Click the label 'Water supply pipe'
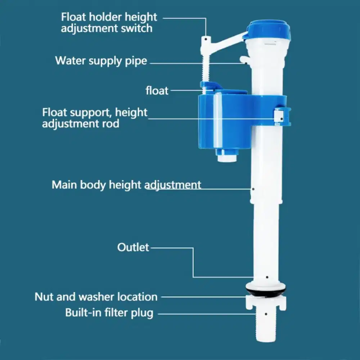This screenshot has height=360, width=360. tap(101, 61)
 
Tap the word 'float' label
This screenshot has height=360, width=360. tap(157, 90)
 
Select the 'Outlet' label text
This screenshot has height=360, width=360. tap(133, 247)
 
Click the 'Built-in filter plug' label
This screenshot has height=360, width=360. tap(109, 313)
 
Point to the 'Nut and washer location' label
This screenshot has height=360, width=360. tap(96, 297)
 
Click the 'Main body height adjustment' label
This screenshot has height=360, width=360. tap(126, 185)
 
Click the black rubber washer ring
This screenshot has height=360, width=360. tap(266, 290)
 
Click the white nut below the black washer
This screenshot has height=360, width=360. tap(266, 303)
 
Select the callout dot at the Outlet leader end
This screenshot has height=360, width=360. tap(267, 277)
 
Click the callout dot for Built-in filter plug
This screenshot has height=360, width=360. tap(266, 314)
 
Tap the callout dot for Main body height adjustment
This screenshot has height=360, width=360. tap(253, 189)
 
